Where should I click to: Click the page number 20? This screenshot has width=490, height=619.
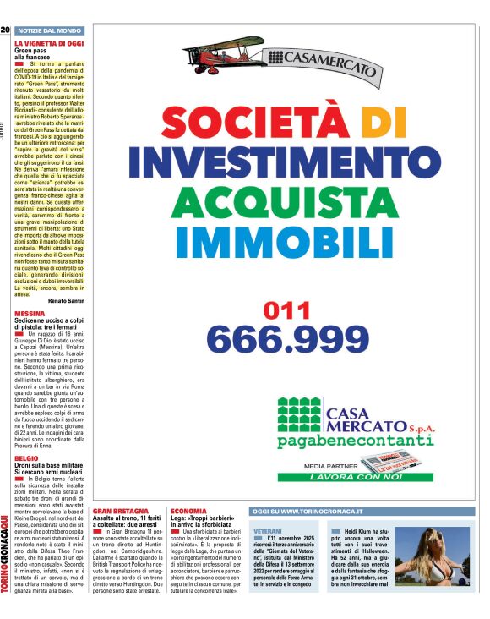5,30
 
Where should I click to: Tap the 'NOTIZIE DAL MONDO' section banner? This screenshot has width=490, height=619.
51,30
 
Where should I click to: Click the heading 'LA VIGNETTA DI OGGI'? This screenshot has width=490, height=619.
48,42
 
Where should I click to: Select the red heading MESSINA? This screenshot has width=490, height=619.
30,313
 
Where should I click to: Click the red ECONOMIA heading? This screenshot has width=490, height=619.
188,512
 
